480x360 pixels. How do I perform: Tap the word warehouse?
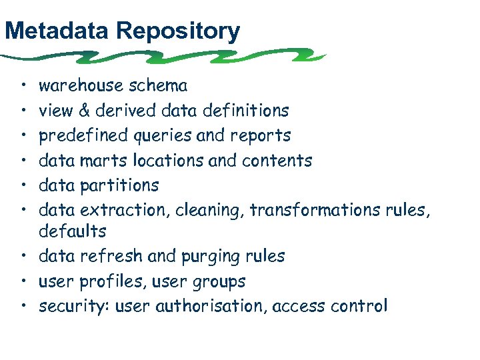81,85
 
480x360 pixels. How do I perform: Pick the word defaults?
72,231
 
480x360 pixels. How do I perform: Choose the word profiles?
107,281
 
